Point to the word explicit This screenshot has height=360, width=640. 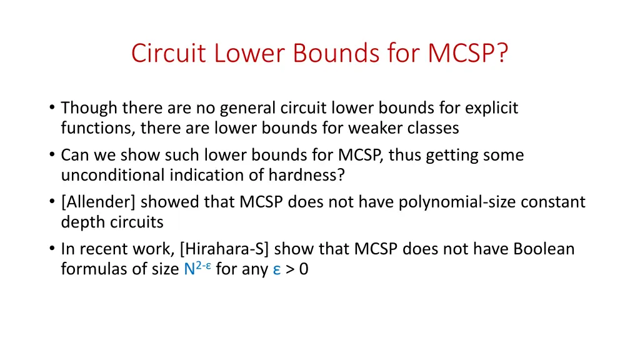coord(491,108)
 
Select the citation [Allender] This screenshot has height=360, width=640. coord(98,202)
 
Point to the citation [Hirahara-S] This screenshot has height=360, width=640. coord(224,249)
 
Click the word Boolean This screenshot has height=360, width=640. coord(544,249)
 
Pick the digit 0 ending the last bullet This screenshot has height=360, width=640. coord(304,270)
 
